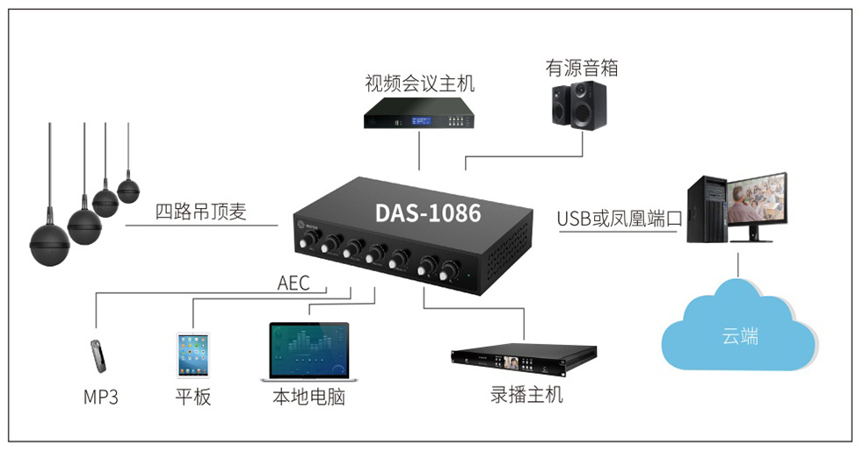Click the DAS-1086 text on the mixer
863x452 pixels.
point(428,212)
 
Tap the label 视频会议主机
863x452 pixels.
point(419,84)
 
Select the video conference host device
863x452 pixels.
point(419,113)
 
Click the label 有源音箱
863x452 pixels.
point(581,68)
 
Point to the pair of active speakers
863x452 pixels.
point(578,105)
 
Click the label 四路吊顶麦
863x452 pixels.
point(201,212)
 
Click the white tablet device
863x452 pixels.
point(193,354)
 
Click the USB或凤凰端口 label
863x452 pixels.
point(620,219)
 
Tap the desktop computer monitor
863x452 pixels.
point(756,199)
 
